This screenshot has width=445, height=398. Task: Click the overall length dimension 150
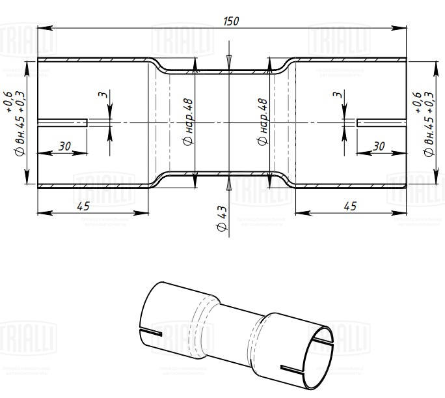point(230,21)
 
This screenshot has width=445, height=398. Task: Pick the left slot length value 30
point(64,147)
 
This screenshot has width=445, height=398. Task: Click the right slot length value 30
point(379,147)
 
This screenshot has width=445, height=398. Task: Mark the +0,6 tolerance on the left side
point(9,103)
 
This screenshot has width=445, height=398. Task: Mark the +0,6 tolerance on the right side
point(416,103)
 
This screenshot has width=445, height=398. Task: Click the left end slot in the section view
point(62,122)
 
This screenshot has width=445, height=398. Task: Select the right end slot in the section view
point(382,122)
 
